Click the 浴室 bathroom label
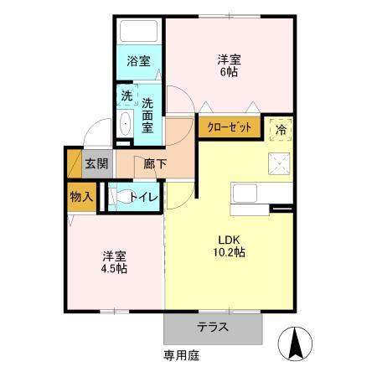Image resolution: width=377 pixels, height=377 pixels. pyautogui.click(x=138, y=61)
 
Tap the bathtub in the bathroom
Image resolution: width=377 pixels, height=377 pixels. pyautogui.click(x=139, y=33)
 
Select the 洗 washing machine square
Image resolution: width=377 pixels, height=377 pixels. pyautogui.click(x=126, y=96)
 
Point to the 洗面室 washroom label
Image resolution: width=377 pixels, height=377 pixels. pyautogui.click(x=147, y=115)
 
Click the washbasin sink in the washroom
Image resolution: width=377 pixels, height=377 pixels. pyautogui.click(x=126, y=125)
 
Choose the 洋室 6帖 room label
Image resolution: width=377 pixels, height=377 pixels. pyautogui.click(x=230, y=65)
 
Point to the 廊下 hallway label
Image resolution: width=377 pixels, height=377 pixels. pyautogui.click(x=154, y=163)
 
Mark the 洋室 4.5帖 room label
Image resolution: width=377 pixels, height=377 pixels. pyautogui.click(x=115, y=261)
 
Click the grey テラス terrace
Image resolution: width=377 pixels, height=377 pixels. pyautogui.click(x=214, y=328)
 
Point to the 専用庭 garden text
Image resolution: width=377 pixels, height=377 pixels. pyautogui.click(x=182, y=355)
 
